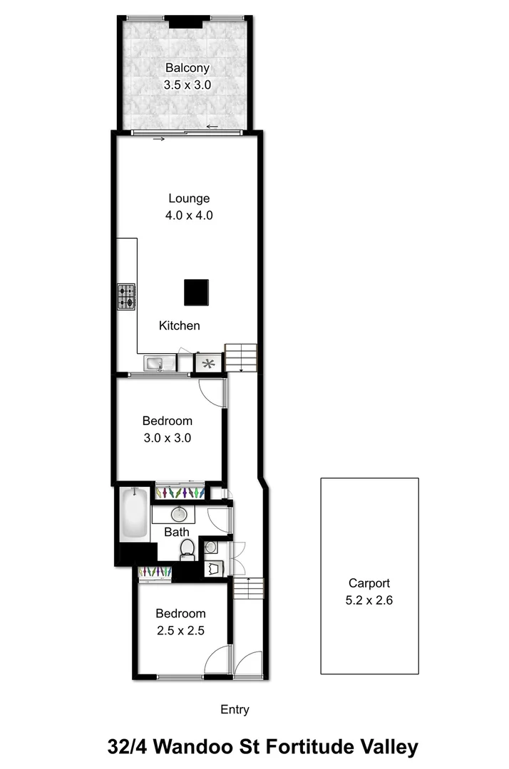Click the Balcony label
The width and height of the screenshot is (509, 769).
[x=188, y=68]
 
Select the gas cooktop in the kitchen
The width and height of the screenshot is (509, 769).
[x=126, y=296]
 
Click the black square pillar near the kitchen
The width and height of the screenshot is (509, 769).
[x=196, y=292]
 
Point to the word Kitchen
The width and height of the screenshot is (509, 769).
[x=179, y=325]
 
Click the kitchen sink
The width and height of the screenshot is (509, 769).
[x=155, y=364]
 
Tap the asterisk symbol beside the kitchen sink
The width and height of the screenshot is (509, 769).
[x=209, y=364]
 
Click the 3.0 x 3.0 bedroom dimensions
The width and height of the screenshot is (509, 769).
[x=167, y=438]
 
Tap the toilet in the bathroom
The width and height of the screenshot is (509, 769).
[x=187, y=549]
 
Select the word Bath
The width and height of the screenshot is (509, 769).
[x=177, y=532]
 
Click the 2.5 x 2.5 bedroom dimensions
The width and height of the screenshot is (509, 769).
[x=180, y=629]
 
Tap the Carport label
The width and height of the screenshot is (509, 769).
[x=369, y=582]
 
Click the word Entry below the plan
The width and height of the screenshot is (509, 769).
[x=235, y=709]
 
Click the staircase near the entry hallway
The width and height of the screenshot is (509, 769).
[x=249, y=589]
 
